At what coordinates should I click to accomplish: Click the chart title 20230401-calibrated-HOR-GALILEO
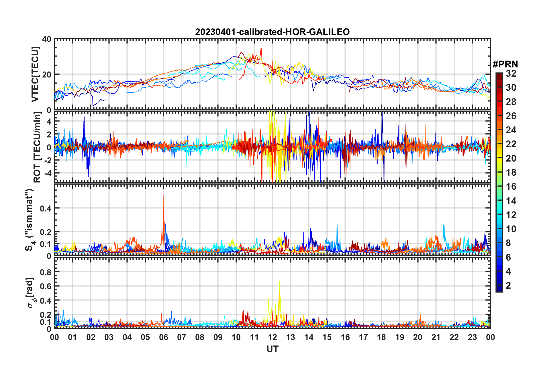point(272,32)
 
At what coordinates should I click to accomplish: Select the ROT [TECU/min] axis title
point(37,147)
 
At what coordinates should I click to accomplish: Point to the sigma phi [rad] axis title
point(30,293)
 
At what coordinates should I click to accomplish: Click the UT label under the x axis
point(272,349)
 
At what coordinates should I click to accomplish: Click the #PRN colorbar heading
point(505,64)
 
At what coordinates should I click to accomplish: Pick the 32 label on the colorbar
point(511,73)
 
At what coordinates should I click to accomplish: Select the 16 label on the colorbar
point(511,187)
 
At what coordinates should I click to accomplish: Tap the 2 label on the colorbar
point(508,285)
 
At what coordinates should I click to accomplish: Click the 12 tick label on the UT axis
point(272,337)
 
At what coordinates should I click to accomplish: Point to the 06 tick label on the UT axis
point(163,337)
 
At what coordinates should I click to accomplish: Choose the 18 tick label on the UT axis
point(381,337)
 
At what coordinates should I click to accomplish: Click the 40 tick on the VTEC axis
point(47,39)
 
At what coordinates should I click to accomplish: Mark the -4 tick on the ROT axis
point(47,173)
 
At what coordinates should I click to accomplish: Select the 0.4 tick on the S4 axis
point(46,208)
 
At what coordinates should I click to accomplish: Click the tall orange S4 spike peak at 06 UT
point(164,196)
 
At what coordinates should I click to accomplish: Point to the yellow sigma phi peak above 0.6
point(279,282)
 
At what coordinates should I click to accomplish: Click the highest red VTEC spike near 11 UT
point(261,48)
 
